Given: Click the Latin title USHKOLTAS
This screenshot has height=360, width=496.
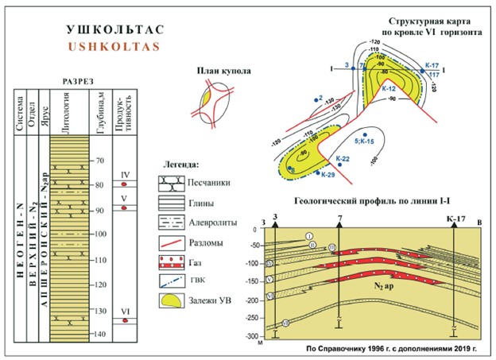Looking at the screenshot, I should point(114,45).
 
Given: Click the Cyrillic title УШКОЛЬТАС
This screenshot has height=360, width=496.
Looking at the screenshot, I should point(114,29).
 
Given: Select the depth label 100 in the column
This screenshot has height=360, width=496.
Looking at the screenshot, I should point(99,234).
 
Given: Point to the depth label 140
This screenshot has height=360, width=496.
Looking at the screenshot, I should point(99,335).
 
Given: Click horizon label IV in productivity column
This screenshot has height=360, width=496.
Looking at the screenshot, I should point(124,174).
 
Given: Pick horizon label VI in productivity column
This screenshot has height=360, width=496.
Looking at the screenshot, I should point(124,310).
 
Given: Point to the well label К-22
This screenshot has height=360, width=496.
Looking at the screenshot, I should point(342,158).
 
